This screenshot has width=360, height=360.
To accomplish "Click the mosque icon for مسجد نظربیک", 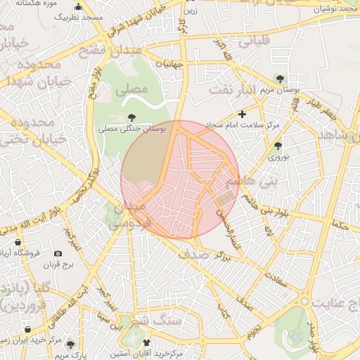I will coord(77,7).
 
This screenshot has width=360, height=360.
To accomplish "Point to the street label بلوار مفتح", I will coord(94,82).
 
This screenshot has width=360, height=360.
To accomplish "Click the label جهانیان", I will coord(169,64).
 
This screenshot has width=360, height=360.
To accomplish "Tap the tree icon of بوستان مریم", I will coord(281,79).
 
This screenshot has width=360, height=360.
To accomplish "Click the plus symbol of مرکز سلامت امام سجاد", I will coord(243,113).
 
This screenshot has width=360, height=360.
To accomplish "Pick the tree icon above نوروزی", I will coord(278,146).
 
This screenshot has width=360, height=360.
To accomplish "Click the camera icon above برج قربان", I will coord(57,253).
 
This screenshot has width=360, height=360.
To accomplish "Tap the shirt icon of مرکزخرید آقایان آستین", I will coord(146,342).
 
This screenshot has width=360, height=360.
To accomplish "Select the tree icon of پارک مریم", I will coord(70,344).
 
